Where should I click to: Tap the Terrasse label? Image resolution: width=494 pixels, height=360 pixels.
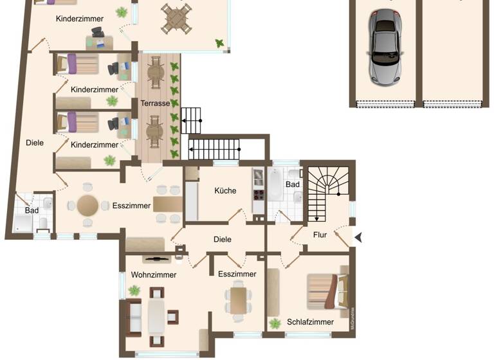[155, 103]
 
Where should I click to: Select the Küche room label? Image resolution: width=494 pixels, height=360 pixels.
[224, 190]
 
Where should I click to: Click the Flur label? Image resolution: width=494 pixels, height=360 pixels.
[320, 235]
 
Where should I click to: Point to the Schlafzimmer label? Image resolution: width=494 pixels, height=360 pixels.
[310, 322]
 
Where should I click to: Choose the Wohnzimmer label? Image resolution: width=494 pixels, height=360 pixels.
[154, 274]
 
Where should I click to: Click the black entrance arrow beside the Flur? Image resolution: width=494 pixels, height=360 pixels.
[358, 237]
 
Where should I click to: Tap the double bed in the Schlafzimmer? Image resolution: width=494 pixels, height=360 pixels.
[328, 291]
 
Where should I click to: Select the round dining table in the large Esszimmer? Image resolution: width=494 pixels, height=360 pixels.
[88, 206]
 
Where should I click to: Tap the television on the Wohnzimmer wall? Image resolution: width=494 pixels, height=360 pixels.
[156, 259]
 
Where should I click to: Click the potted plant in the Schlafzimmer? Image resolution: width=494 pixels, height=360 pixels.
[275, 323]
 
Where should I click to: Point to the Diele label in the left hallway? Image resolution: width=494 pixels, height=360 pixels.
[35, 143]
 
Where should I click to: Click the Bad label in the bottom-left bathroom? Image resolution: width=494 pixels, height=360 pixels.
[32, 210]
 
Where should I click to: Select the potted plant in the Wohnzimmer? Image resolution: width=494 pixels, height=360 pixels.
[134, 291]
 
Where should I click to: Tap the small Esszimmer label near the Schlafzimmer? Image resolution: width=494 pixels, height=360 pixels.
[237, 274]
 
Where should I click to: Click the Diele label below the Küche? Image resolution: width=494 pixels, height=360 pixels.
[222, 239]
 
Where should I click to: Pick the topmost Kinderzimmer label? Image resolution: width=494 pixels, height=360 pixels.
[80, 19]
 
